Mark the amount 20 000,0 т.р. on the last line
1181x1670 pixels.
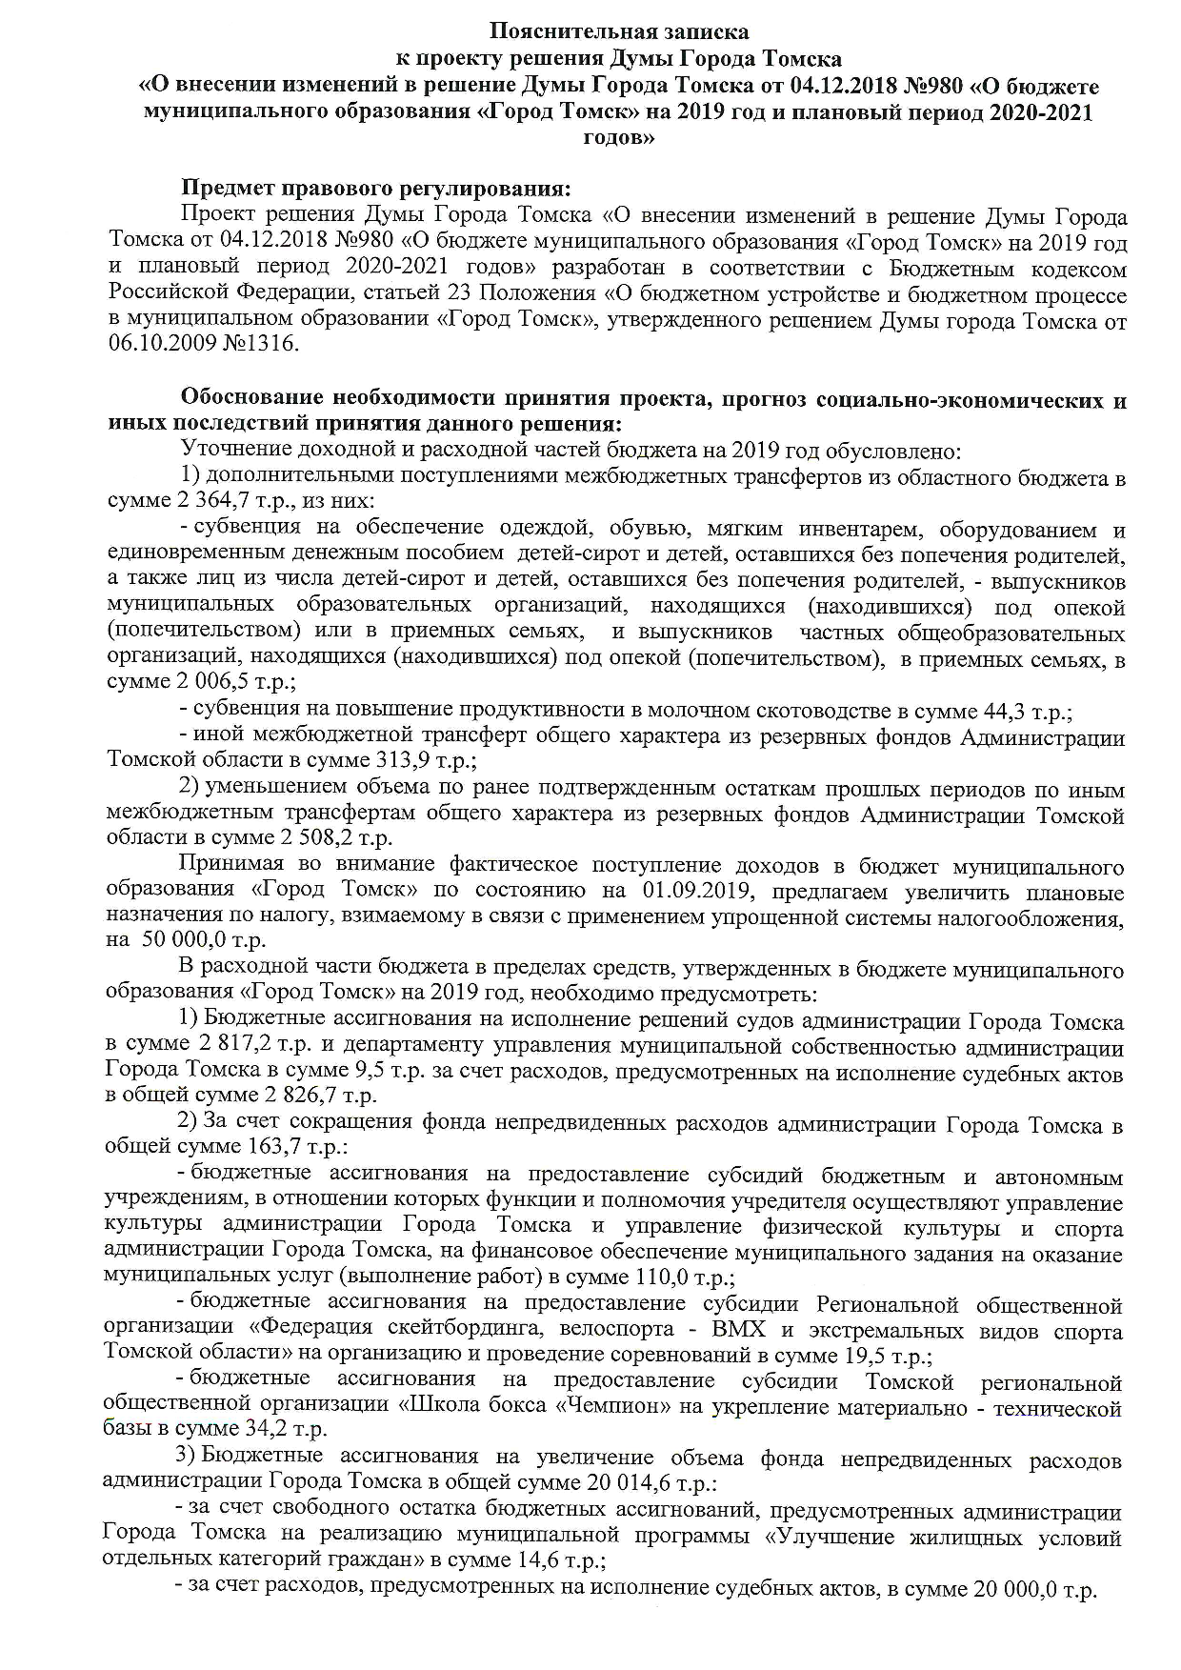pyautogui.click(x=1034, y=1587)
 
